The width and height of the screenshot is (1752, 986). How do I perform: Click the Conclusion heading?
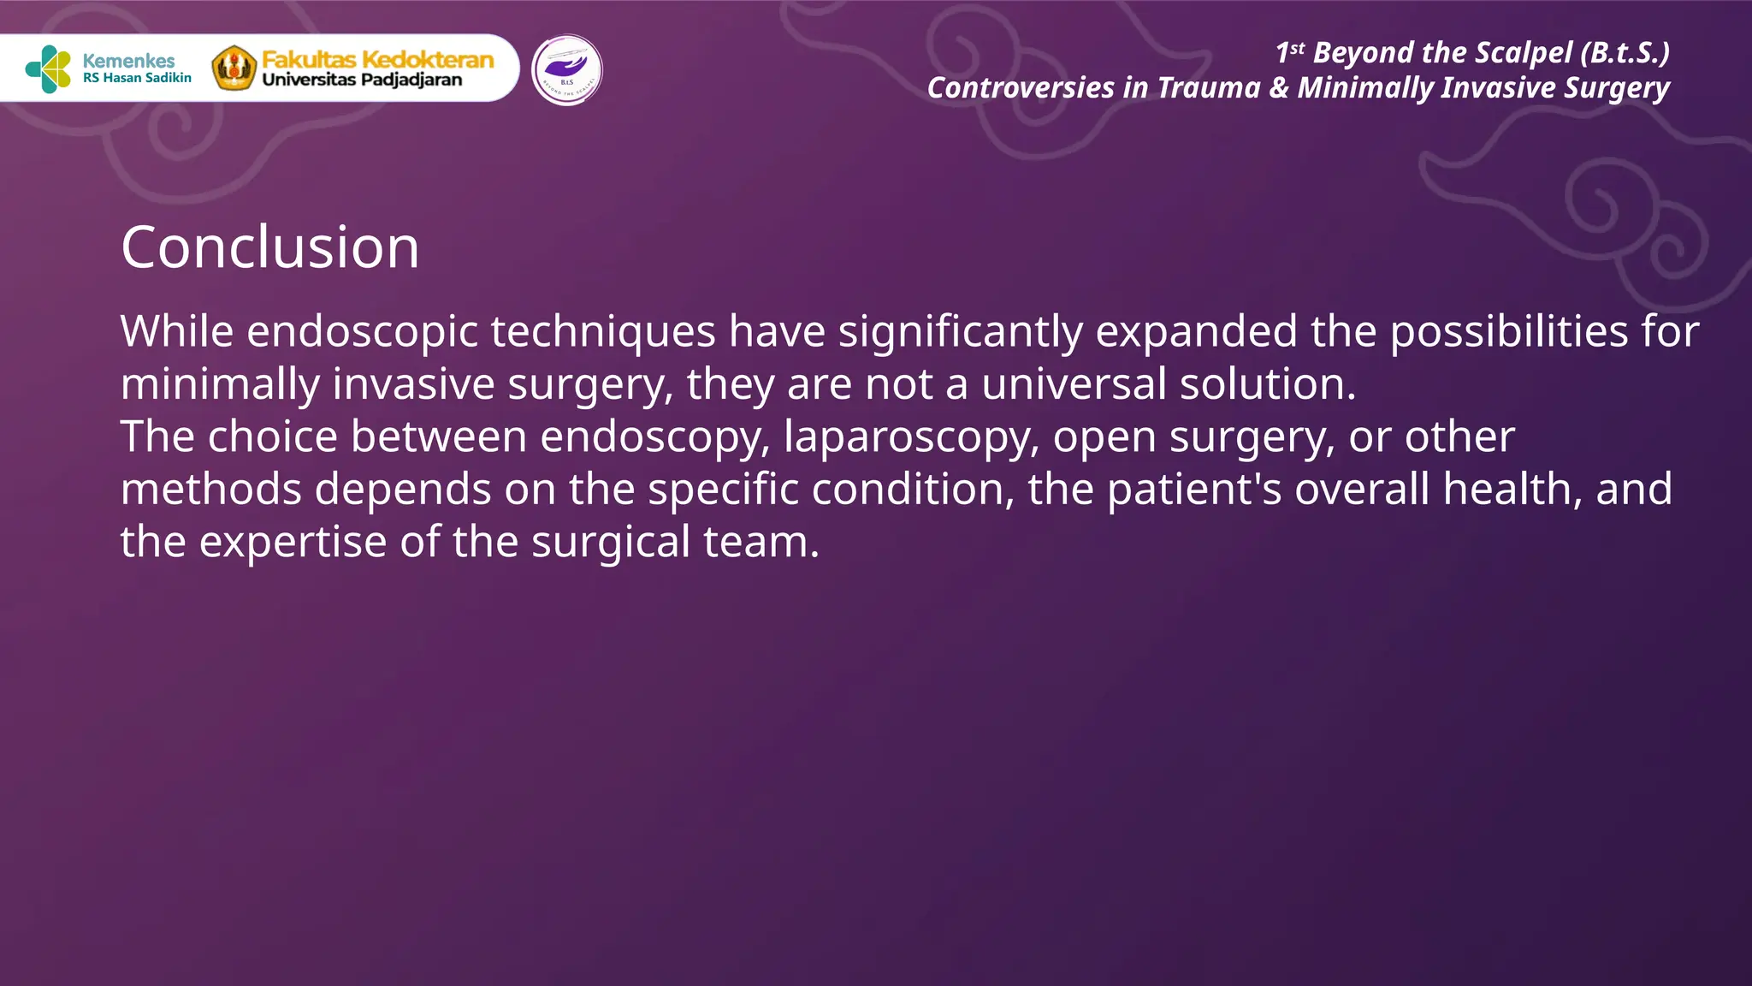pyautogui.click(x=270, y=247)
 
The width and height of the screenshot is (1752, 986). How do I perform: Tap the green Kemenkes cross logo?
pyautogui.click(x=49, y=69)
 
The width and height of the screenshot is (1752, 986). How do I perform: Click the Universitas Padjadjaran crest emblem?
pyautogui.click(x=234, y=68)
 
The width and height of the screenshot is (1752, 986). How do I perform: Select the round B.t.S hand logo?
pyautogui.click(x=566, y=70)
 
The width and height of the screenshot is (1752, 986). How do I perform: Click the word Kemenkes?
pyautogui.click(x=128, y=61)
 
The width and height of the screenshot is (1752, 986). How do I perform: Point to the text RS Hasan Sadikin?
pyautogui.click(x=137, y=78)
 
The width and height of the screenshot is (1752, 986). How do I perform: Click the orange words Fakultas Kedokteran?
pyautogui.click(x=377, y=59)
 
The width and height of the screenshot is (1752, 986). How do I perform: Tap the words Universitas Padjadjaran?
pyautogui.click(x=362, y=80)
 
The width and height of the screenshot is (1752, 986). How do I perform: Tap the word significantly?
pyautogui.click(x=960, y=332)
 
